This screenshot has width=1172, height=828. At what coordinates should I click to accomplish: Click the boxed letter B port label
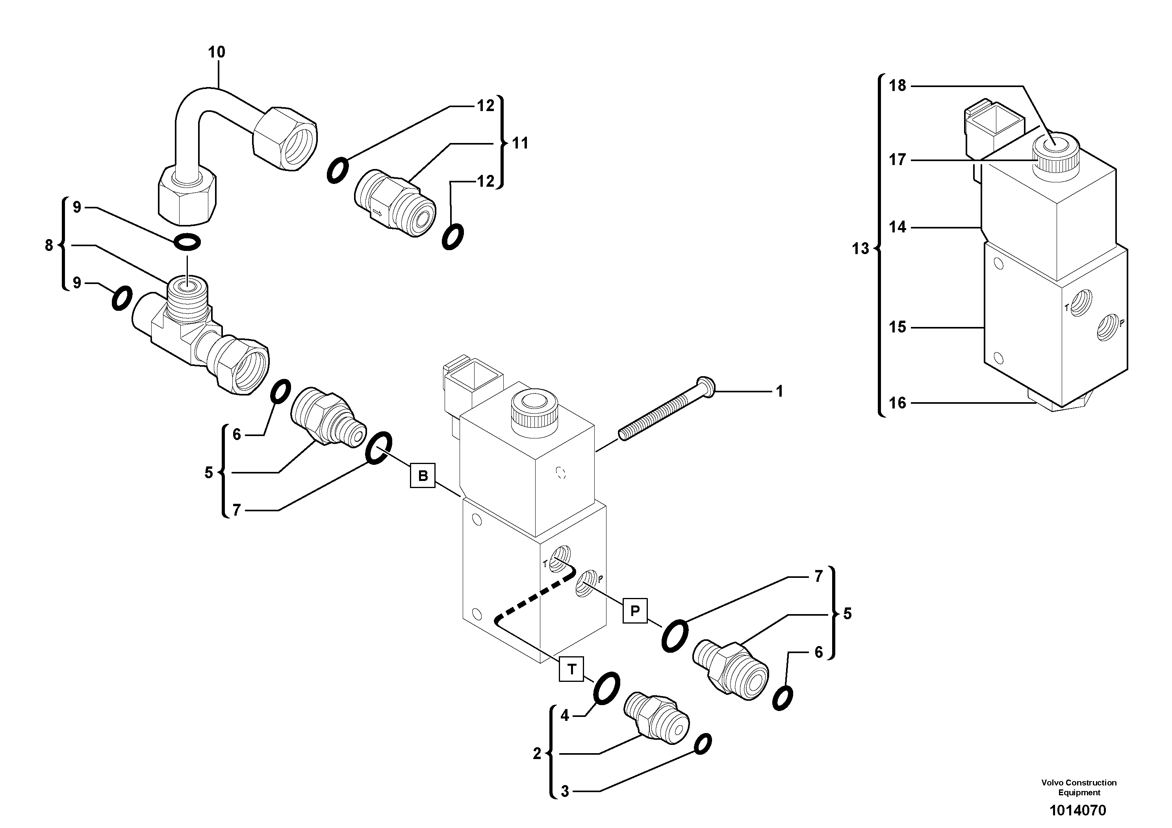pyautogui.click(x=423, y=476)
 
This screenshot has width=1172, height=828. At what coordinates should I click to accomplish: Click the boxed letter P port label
pyautogui.click(x=634, y=611)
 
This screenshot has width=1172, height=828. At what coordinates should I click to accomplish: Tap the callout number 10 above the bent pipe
pyautogui.click(x=217, y=52)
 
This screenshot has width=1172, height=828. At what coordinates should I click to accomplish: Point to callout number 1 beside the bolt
pyautogui.click(x=779, y=392)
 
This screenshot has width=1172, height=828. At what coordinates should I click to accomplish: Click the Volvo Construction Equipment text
pyautogui.click(x=1079, y=787)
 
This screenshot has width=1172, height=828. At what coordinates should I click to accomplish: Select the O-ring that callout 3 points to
pyautogui.click(x=703, y=744)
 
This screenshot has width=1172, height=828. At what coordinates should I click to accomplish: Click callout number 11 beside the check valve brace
pyautogui.click(x=520, y=143)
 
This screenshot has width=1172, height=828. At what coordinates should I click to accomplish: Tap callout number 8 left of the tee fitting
pyautogui.click(x=49, y=245)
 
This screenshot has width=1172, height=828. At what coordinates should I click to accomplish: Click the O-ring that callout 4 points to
pyautogui.click(x=607, y=688)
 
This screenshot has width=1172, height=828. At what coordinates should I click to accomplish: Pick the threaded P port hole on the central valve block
pyautogui.click(x=584, y=583)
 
